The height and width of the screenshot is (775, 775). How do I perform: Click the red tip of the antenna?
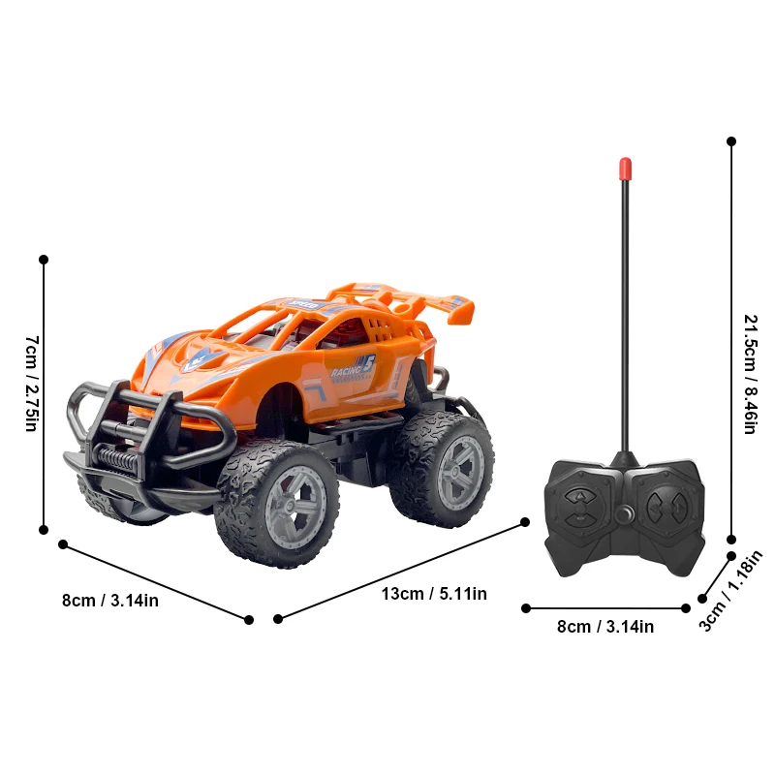point(625,168)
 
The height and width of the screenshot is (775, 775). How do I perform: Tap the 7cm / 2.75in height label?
point(32,384)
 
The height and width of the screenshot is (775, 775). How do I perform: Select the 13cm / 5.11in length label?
point(434,593)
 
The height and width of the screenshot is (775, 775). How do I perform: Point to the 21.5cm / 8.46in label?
point(749,373)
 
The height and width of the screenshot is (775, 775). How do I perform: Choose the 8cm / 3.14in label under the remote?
point(605,627)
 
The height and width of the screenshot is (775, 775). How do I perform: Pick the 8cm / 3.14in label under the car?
point(110,601)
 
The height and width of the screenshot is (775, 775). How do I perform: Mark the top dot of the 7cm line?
point(44,260)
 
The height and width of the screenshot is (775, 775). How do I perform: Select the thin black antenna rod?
point(625,310)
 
